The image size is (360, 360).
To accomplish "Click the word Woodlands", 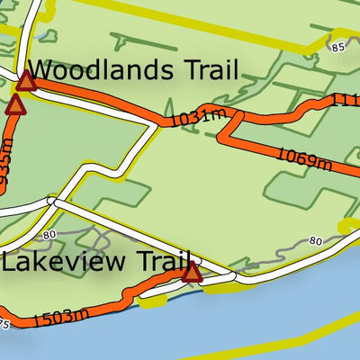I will (98, 70).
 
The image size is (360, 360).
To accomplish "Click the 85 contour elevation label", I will (337, 47).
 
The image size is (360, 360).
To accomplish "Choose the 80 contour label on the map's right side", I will (315, 240).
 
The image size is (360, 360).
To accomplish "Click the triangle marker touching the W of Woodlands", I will (25, 83).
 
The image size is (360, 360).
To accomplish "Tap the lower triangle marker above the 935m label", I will (14, 105).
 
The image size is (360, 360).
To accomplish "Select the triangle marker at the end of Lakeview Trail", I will (192, 272).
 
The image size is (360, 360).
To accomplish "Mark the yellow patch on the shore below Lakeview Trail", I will (153, 301).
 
